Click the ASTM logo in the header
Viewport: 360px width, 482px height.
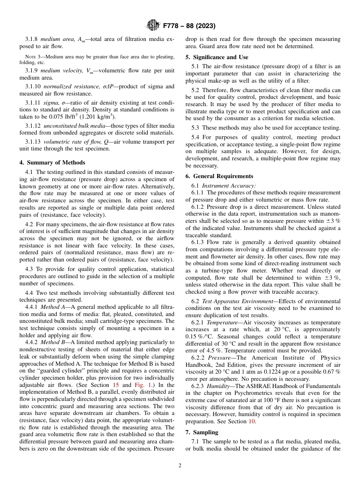pyautogui.click(x=153, y=26)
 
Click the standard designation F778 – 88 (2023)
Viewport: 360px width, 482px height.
pyautogui.click(x=189, y=26)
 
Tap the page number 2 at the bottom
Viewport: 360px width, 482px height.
pyautogui.click(x=180, y=466)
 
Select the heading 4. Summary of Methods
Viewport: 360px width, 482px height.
pyautogui.click(x=52, y=163)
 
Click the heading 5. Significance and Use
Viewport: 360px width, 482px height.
pyautogui.click(x=217, y=57)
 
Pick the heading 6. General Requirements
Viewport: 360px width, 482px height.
pyautogui.click(x=219, y=176)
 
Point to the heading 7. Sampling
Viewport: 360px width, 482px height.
pyautogui.click(x=202, y=432)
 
